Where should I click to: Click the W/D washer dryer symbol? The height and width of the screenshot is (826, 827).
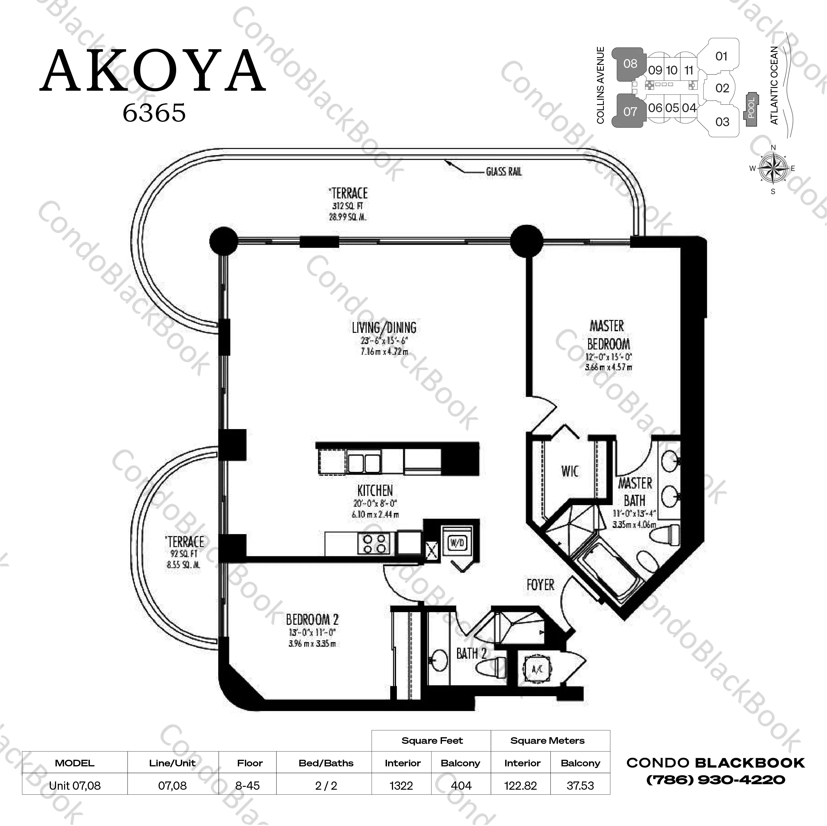[x=457, y=543]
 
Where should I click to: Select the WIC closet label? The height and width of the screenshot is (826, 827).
[x=570, y=471]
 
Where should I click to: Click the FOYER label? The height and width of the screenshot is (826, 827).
[x=540, y=585]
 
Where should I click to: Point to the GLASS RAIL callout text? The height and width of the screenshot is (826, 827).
[x=504, y=172]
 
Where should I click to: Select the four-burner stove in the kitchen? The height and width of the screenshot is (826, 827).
[x=374, y=543]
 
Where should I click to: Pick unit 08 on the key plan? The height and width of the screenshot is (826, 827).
[x=630, y=64]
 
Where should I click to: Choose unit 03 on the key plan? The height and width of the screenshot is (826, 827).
[x=722, y=122]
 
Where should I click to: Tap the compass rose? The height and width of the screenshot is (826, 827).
[x=773, y=169]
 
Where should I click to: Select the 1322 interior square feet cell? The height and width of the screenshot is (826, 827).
[x=401, y=786]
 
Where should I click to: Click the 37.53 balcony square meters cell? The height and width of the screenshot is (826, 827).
[x=580, y=786]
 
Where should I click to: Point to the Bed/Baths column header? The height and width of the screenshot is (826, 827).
[x=326, y=763]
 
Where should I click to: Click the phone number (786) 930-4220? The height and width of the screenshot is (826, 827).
[x=715, y=780]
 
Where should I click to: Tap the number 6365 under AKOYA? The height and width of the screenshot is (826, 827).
[x=154, y=113]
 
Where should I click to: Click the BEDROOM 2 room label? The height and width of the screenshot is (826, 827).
[x=312, y=619]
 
